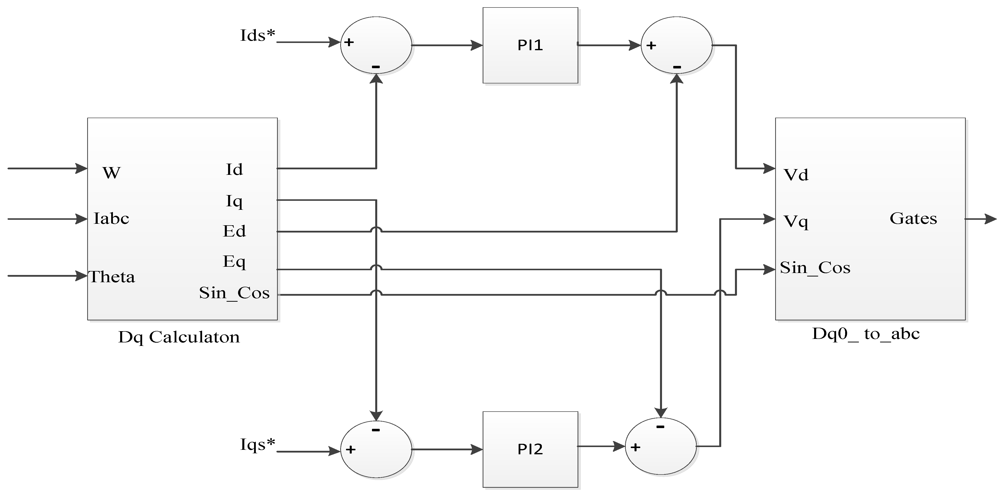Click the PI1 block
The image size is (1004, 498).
click(530, 45)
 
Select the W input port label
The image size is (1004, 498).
click(111, 173)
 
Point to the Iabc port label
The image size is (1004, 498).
click(111, 219)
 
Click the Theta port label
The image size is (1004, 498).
click(112, 277)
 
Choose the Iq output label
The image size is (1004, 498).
click(234, 201)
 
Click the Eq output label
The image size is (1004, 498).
click(234, 261)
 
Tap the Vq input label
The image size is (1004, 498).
click(796, 222)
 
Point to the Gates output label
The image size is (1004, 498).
click(913, 219)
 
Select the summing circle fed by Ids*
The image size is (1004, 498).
click(376, 45)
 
